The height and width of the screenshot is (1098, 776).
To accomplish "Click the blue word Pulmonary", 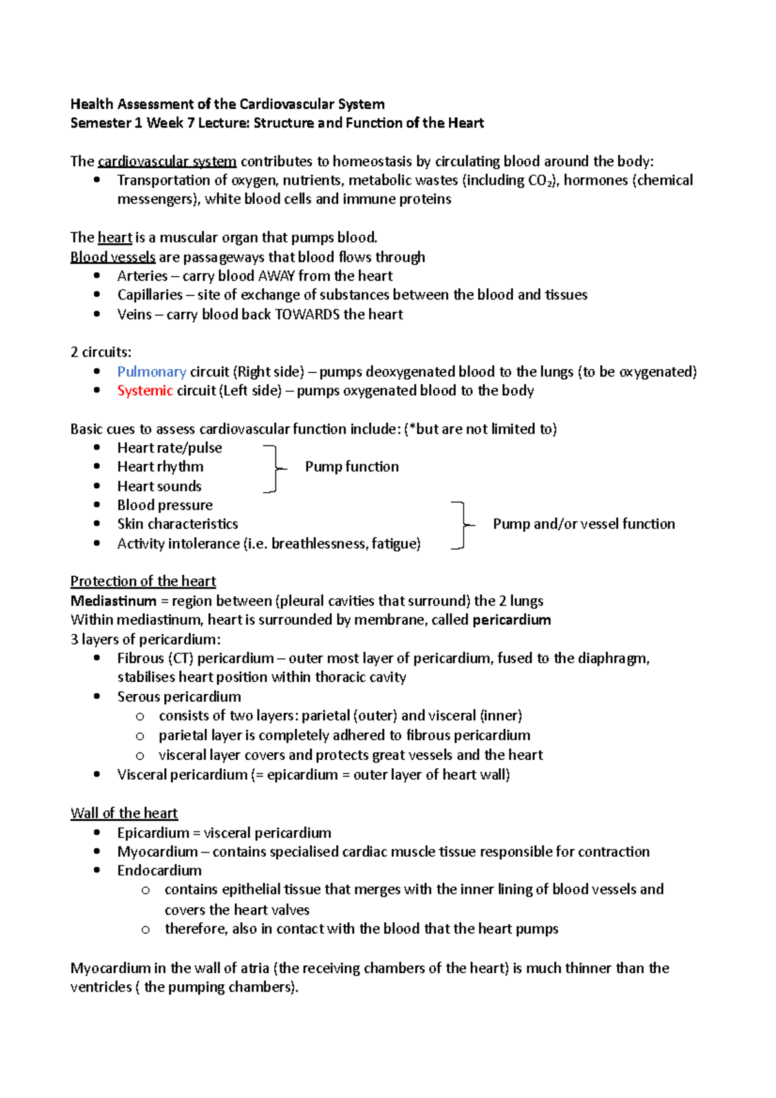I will point(151,372).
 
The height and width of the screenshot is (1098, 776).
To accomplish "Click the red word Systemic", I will point(145,391).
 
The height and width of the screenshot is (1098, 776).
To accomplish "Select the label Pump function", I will point(352,467).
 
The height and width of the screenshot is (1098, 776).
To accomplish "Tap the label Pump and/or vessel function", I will point(583,524).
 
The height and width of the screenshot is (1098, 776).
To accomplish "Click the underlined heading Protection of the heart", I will point(143,581).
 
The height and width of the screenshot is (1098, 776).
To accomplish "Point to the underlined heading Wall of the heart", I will point(124,813).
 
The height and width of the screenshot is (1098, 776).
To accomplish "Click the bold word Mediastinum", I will point(113,601).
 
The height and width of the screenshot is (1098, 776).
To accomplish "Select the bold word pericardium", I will point(512,620).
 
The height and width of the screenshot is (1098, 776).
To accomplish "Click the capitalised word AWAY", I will point(276,276).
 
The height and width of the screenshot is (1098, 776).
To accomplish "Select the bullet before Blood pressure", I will point(97,505).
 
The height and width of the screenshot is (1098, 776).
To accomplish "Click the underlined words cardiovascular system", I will point(167,162).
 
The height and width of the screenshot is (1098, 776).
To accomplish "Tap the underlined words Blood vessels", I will point(113,257).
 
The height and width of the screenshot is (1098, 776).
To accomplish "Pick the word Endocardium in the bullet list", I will point(159,870).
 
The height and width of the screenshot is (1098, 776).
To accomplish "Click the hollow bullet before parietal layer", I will point(140,736).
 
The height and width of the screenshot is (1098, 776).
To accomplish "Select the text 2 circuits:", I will point(100,352).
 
